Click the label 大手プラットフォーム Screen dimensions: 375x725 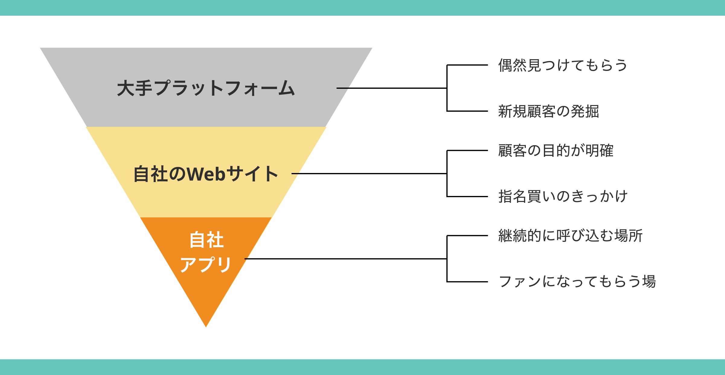tap(206, 88)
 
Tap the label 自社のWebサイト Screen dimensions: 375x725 tap(206, 174)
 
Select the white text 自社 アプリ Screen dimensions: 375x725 tap(206, 252)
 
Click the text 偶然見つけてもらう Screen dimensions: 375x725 tap(563, 65)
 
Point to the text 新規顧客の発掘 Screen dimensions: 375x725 tap(548, 111)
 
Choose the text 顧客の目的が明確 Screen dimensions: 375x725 tap(556, 150)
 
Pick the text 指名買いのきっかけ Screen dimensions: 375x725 tap(563, 196)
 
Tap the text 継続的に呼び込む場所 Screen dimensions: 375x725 tap(570, 236)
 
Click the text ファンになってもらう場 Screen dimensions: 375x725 tap(577, 281)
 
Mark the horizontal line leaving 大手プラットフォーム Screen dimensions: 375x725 tap(392, 88)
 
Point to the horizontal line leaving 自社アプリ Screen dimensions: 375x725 tap(347, 259)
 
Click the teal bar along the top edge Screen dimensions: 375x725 tap(362, 8)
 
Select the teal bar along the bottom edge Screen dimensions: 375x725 tap(362, 367)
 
